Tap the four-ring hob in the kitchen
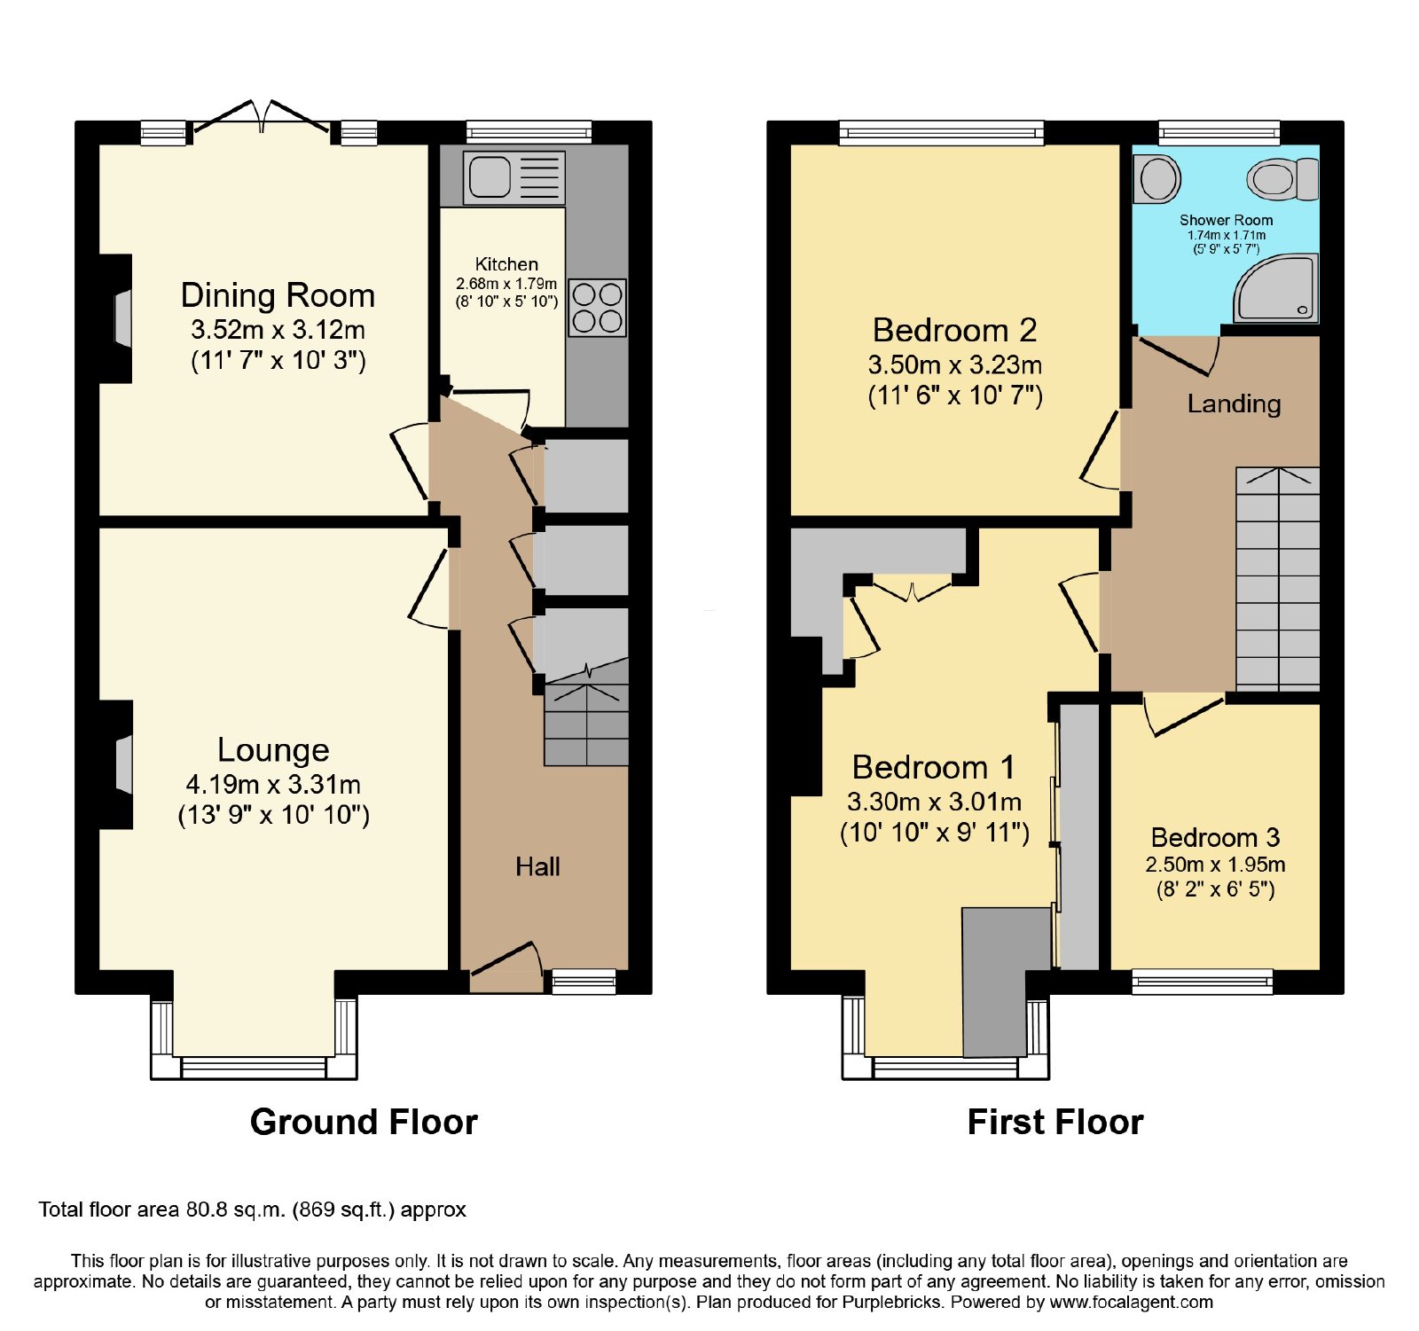597,308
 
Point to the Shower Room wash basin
1157,178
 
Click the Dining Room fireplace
116,318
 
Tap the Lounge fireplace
116,764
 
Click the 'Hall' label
537,866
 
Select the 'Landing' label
1234,404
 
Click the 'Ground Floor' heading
364,1122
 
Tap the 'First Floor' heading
1055,1122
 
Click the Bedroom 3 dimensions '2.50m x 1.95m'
1215,865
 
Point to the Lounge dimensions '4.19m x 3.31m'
273,785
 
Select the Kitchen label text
506,264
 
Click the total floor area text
252,1210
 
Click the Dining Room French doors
263,120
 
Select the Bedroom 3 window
1203,981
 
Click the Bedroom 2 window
942,133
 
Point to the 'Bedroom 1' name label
933,767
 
